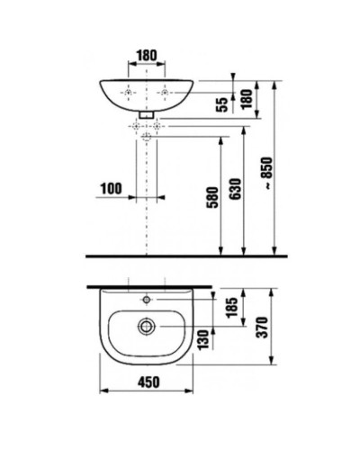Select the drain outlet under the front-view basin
coord(147,116)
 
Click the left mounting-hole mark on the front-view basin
coord(130,93)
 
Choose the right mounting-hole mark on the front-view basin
coord(165,93)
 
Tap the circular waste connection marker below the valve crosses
coord(147,138)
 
